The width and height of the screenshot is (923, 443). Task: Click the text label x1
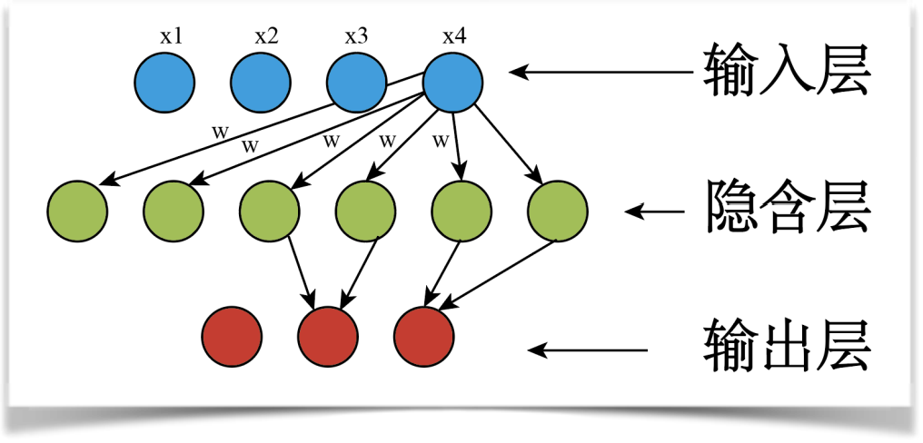pyautogui.click(x=171, y=37)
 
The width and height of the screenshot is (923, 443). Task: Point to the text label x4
pyautogui.click(x=454, y=37)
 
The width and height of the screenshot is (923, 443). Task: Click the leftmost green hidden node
pyautogui.click(x=77, y=212)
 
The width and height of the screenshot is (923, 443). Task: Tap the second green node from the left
pyautogui.click(x=174, y=212)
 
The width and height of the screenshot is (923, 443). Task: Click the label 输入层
pyautogui.click(x=787, y=72)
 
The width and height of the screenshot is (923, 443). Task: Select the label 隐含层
pyautogui.click(x=787, y=211)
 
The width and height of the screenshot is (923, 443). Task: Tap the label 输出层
pyautogui.click(x=787, y=349)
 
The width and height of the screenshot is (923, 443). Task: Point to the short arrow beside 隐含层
pyautogui.click(x=654, y=212)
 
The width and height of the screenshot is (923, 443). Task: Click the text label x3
pyautogui.click(x=356, y=37)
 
